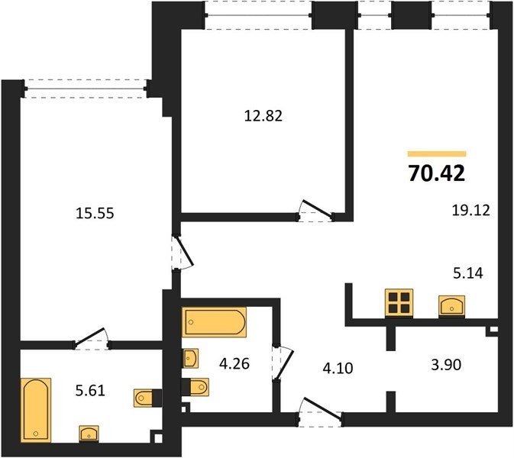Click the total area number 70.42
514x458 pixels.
(437, 173)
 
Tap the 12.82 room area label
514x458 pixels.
(263, 116)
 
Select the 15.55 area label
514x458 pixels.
(95, 213)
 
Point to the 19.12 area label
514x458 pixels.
(470, 210)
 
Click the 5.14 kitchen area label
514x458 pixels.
(468, 273)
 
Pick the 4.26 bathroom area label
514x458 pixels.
(234, 363)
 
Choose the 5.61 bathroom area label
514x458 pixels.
(90, 391)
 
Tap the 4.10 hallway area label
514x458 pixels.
(338, 368)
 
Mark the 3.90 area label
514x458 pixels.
(446, 364)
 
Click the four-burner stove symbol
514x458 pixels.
(399, 303)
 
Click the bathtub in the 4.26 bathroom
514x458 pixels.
(215, 322)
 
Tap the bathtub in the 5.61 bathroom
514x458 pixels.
(36, 410)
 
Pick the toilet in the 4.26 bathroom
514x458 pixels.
(195, 387)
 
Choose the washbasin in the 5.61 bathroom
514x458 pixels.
(89, 434)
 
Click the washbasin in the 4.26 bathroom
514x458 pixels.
(190, 359)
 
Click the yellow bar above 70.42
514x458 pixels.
(437, 153)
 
